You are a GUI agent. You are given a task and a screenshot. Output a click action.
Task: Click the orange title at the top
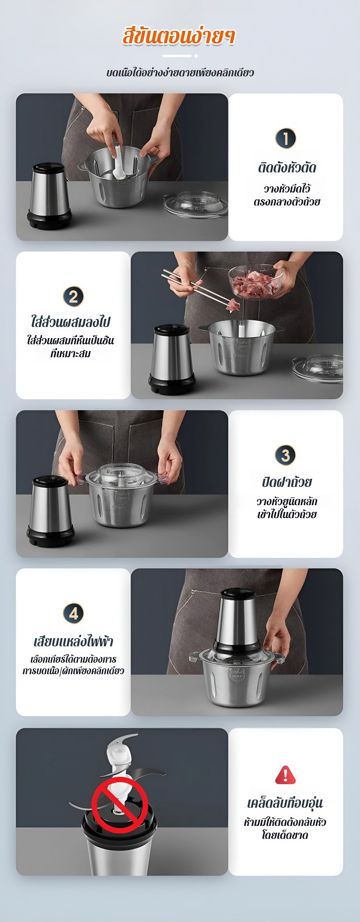(179, 36)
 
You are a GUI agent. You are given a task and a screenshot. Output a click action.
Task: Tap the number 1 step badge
(286, 138)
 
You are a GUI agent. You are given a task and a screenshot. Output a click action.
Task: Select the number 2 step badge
(73, 296)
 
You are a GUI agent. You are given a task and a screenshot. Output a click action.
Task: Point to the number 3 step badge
(286, 455)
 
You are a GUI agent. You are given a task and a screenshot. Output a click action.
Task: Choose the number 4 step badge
(73, 613)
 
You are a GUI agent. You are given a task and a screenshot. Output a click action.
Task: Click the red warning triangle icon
(286, 775)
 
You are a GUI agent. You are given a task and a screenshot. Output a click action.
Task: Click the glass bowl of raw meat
(255, 282)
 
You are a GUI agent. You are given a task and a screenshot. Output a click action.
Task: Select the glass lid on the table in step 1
(195, 204)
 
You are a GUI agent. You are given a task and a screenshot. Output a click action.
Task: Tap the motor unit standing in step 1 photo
(48, 195)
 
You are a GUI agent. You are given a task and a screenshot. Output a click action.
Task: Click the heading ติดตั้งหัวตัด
(287, 168)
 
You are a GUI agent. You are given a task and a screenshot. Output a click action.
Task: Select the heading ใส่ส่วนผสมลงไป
(73, 321)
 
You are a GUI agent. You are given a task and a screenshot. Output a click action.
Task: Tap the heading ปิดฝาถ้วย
(287, 482)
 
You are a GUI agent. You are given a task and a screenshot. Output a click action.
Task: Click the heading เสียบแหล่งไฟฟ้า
(73, 641)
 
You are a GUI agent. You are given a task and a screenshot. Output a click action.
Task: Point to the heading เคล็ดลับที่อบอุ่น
(285, 803)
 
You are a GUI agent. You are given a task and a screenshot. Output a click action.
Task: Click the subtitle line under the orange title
(180, 73)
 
